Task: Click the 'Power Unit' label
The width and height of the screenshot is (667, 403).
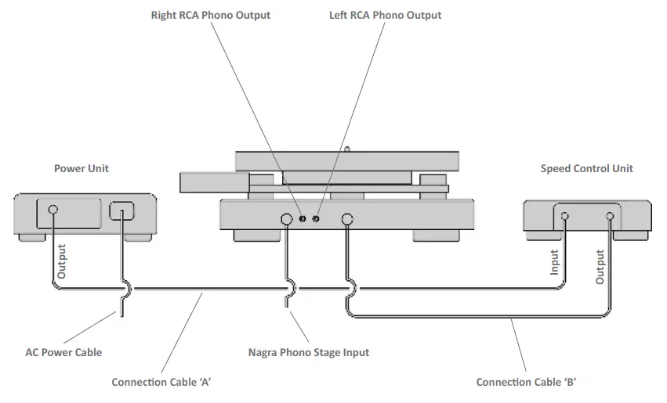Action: [x=82, y=168]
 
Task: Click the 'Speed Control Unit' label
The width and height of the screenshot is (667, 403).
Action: [x=586, y=168]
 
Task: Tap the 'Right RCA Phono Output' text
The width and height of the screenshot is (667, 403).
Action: [x=211, y=15]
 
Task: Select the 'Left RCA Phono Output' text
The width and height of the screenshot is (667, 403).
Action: [x=385, y=15]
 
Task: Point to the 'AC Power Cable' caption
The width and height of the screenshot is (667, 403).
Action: [x=63, y=352]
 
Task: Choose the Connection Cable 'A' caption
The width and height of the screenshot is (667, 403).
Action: [x=162, y=382]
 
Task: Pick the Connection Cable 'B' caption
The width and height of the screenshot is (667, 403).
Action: [x=527, y=382]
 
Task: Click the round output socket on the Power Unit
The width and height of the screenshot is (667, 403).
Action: [x=53, y=210]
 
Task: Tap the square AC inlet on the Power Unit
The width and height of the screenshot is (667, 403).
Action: [x=122, y=210]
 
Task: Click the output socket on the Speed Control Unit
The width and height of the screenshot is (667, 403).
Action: [x=609, y=217]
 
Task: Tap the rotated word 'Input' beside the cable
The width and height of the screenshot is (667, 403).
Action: [x=554, y=262]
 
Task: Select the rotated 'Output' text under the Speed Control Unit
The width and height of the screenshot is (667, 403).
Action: [x=600, y=266]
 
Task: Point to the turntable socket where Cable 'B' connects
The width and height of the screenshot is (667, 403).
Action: [x=346, y=219]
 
